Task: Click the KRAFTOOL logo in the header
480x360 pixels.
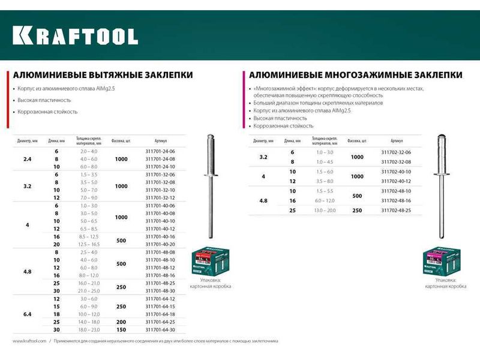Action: click(76, 35)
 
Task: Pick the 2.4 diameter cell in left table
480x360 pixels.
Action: click(26, 158)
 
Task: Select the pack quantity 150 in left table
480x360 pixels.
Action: click(122, 330)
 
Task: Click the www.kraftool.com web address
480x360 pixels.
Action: click(29, 341)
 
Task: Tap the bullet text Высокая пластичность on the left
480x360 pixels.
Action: click(44, 100)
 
